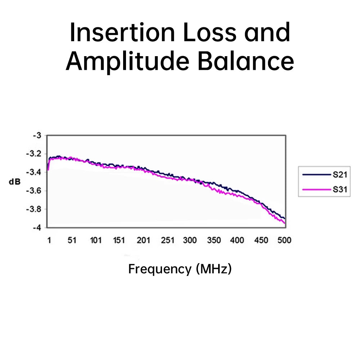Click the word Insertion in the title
tap(122, 32)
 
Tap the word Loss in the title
tap(210, 32)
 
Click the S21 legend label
tap(340, 175)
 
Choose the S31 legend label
tap(340, 189)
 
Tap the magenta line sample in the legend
tap(316, 190)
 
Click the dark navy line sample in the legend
tap(316, 175)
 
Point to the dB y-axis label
tap(15, 182)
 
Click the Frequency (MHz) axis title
tap(180, 269)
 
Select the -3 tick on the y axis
tap(37, 135)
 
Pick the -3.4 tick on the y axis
tap(33, 172)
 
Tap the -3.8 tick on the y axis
tap(33, 209)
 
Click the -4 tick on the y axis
tap(37, 228)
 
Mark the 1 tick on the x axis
tap(49, 240)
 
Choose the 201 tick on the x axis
tap(143, 240)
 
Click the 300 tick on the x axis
tap(190, 240)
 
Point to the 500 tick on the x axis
tap(284, 240)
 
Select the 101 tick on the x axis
tap(96, 240)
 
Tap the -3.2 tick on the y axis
tap(33, 154)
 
